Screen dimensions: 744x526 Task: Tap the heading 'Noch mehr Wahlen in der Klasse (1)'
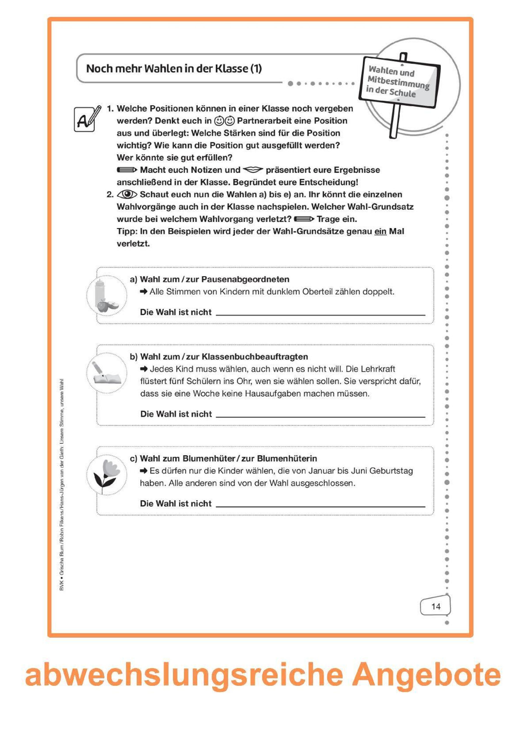point(174,69)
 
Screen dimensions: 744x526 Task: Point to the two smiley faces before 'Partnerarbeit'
point(224,121)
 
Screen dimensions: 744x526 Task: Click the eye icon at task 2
point(127,194)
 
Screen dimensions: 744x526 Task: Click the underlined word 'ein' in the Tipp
point(380,231)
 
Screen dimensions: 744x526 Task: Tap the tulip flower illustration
point(107,475)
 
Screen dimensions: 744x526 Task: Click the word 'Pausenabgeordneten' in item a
point(245,279)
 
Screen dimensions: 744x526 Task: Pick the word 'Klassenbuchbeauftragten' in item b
point(255,357)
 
